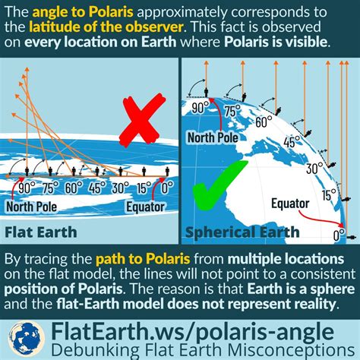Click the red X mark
coord(144,120)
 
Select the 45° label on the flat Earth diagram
coord(97,188)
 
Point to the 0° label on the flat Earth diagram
coord(167,188)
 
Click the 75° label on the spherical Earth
coord(233,111)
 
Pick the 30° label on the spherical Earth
coord(314,168)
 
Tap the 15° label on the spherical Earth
coord(329,195)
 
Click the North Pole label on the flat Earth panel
coord(31,207)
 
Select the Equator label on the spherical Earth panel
coord(290,204)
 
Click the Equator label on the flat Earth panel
coord(145,207)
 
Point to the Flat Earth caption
coord(41,232)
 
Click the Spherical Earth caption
coord(242,232)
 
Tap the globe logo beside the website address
coord(27,339)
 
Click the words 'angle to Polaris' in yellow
coord(83,12)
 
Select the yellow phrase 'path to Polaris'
coord(143,259)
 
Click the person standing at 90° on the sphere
coord(207,93)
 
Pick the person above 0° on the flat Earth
coord(167,171)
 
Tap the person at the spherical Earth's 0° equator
coord(351,238)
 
